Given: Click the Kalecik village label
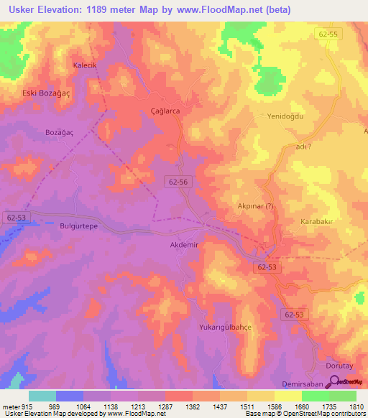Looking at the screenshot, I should coord(85,65).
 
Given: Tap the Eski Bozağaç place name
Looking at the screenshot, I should coord(48,93).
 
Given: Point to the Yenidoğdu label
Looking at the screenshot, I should coord(287,116).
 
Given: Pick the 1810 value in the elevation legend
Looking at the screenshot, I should coord(355,407).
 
